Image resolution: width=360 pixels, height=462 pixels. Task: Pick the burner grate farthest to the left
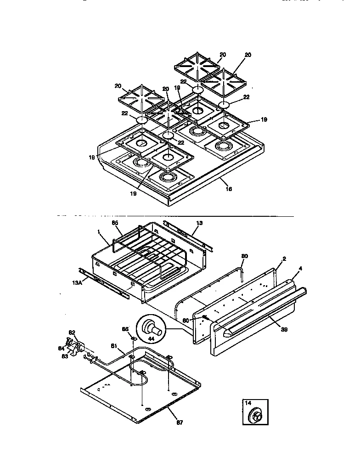click(x=141, y=97)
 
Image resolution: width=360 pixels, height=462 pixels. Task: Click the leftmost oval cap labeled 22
click(x=142, y=120)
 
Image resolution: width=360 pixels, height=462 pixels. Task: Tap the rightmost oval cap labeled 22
click(x=224, y=106)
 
